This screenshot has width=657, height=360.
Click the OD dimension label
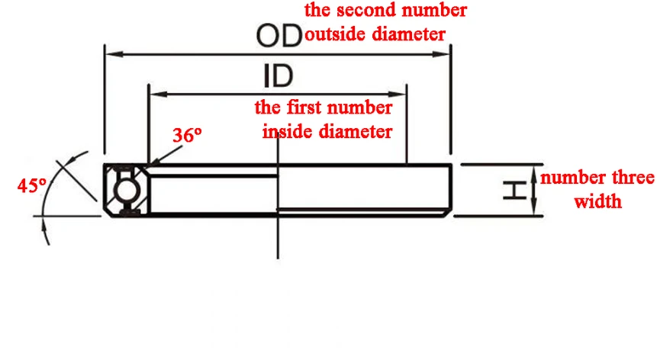[x=279, y=36]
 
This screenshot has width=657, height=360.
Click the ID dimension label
[x=279, y=76]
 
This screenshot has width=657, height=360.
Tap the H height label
[x=515, y=191]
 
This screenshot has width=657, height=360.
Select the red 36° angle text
[x=187, y=135]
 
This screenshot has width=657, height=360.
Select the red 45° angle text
[x=32, y=185]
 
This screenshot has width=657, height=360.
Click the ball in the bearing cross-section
[x=125, y=191]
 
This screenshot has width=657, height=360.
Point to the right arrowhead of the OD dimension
[x=441, y=54]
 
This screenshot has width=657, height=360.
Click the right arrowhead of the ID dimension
[x=398, y=94]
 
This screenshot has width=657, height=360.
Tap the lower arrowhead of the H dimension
[x=534, y=207]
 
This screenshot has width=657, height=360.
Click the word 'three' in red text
[x=633, y=178]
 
